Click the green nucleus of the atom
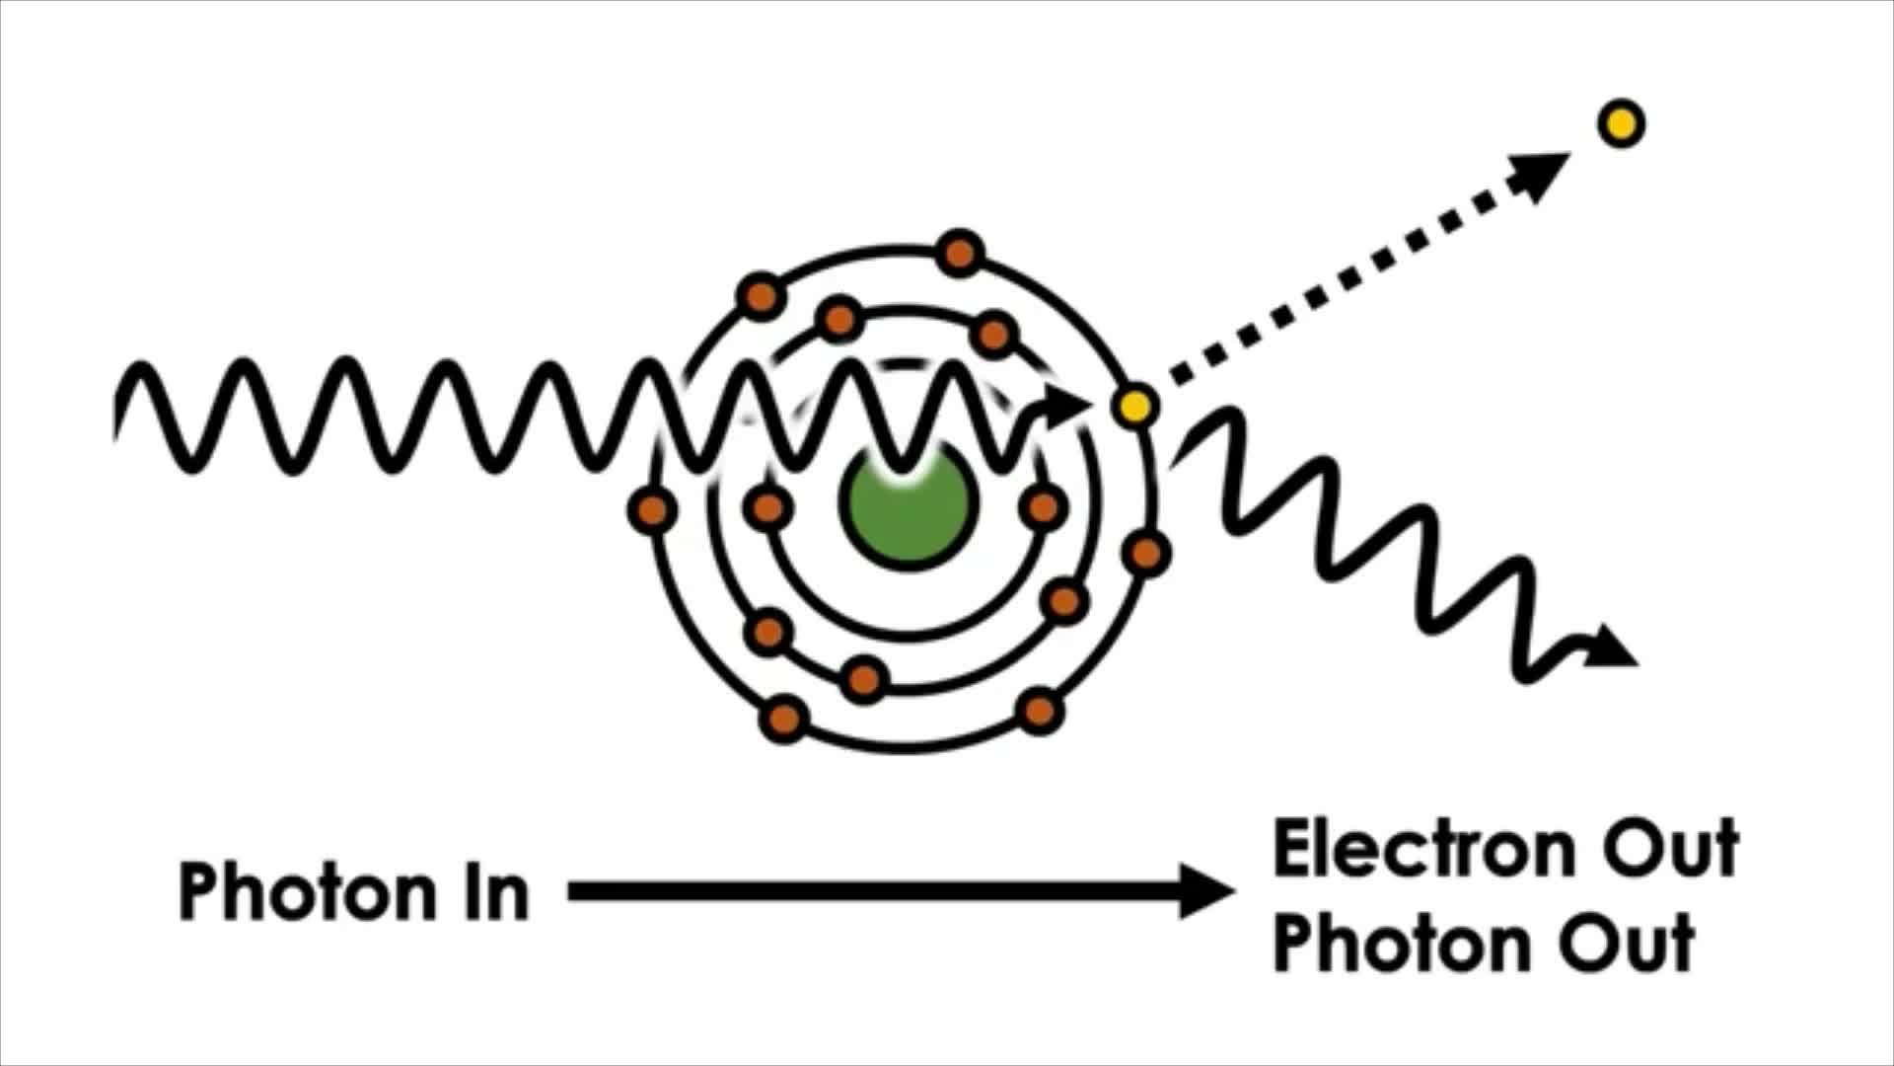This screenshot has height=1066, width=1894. (908, 506)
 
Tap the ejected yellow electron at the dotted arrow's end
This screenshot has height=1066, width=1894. (1621, 124)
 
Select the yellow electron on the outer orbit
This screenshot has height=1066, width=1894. (1134, 406)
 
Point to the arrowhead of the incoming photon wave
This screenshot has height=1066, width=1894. (1065, 405)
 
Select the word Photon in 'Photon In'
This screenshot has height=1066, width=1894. (307, 891)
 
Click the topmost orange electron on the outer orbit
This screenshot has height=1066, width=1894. (960, 253)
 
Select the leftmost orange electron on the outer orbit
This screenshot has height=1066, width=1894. (652, 509)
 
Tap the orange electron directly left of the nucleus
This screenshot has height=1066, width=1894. (767, 508)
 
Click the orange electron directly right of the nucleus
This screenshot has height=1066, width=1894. (1043, 507)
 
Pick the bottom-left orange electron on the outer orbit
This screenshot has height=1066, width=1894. (783, 718)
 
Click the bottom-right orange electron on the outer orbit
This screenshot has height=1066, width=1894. (1040, 711)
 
